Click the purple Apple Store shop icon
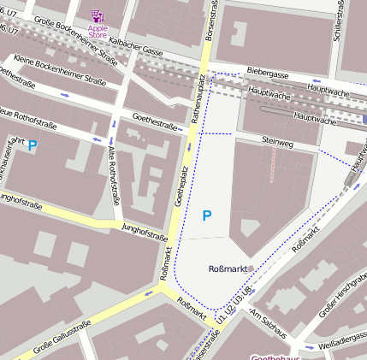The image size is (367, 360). (98, 16)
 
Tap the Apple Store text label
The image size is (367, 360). (98, 32)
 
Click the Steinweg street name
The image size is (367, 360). (277, 144)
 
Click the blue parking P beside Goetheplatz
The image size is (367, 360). (206, 216)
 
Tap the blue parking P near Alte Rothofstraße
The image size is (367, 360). (33, 146)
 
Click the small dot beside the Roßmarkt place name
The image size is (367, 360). (252, 269)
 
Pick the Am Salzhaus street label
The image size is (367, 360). (269, 322)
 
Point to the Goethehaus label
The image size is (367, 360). (274, 355)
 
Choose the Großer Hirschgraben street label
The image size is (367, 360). (342, 300)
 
